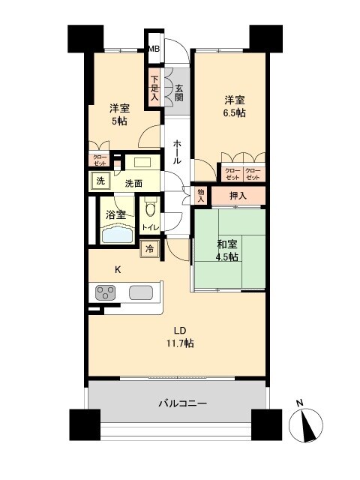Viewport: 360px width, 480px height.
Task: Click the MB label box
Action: click(154, 49)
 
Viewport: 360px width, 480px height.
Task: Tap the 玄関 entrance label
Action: click(179, 90)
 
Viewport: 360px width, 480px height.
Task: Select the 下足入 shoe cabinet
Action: click(154, 87)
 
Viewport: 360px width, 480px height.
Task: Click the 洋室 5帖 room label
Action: click(121, 114)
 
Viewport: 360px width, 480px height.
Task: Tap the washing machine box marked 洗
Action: click(100, 181)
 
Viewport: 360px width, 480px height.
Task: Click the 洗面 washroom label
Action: click(134, 182)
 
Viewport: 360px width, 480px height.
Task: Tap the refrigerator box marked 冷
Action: click(150, 249)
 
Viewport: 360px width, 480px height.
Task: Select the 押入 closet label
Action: click(237, 195)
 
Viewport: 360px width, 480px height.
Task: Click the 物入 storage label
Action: click(200, 195)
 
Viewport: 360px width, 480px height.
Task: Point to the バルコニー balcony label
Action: click(182, 403)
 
